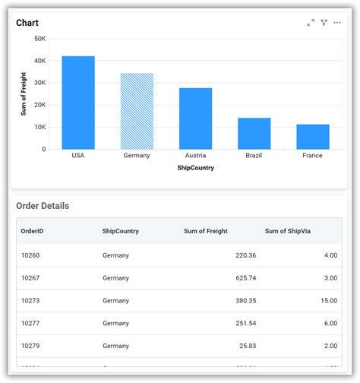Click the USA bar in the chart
78,103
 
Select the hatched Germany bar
137,111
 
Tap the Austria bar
195,119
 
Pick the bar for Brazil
254,133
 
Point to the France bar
312,137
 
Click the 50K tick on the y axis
40,38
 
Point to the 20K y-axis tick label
40,105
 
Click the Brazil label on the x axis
254,156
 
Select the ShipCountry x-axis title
195,168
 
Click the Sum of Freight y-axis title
24,93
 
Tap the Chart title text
27,23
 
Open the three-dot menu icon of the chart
337,23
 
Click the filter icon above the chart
324,23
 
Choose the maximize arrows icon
311,23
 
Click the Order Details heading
43,206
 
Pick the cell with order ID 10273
32,301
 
